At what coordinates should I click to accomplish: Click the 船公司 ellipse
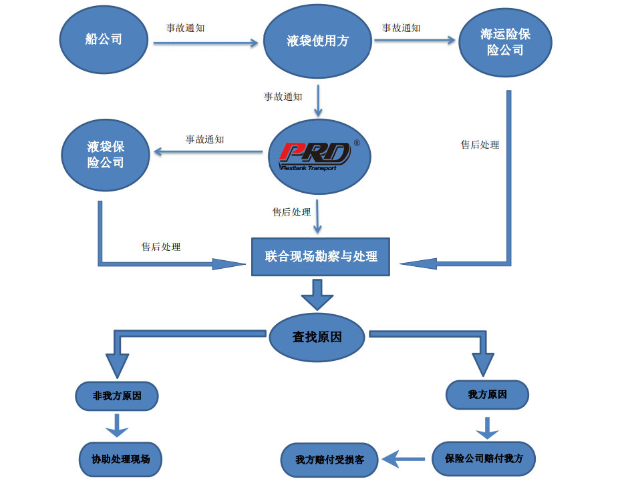(x=104, y=40)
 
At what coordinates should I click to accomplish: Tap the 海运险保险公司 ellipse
(x=505, y=43)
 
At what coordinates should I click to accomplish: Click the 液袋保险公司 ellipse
(x=106, y=155)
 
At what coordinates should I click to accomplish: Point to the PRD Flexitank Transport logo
(x=316, y=155)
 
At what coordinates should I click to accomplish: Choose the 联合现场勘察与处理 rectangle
(x=321, y=256)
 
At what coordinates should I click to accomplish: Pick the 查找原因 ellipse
(x=317, y=337)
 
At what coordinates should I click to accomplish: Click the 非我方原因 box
(x=117, y=396)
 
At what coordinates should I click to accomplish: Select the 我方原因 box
(x=487, y=395)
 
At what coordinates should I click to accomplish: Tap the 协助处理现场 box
(x=120, y=459)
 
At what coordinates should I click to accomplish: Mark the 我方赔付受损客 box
(x=329, y=460)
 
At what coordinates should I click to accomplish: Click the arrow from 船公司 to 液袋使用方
(x=206, y=43)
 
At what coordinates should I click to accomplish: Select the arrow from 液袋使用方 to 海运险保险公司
(x=414, y=41)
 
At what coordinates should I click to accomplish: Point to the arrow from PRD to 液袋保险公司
(x=208, y=153)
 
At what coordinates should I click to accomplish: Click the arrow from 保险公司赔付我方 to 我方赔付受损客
(x=404, y=459)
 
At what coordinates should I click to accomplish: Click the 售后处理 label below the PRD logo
(x=291, y=212)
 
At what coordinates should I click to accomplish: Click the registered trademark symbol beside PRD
(x=356, y=143)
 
